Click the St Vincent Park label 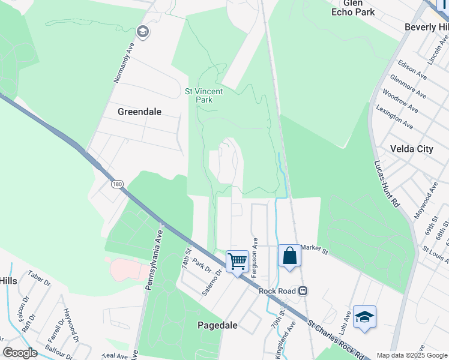tap(203, 95)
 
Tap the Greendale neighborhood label tap(140, 112)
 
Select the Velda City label tap(411, 149)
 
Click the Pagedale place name tap(218, 325)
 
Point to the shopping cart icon tap(237, 261)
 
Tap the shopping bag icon tap(289, 256)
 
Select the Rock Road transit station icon tap(303, 291)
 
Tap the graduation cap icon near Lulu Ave tap(364, 316)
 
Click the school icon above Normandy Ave tap(142, 31)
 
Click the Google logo tap(20, 353)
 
